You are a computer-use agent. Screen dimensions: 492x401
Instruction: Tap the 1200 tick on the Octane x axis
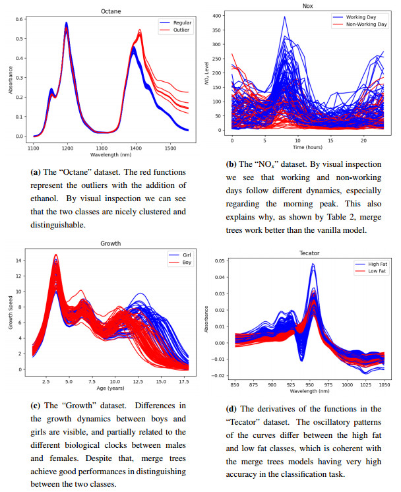pyautogui.click(x=67, y=149)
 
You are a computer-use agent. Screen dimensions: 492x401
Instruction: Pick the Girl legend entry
pyautogui.click(x=175, y=255)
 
